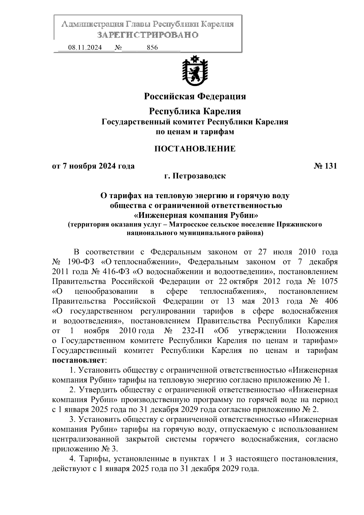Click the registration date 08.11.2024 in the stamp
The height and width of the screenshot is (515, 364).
coord(85,48)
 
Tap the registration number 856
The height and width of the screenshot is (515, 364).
coord(152,48)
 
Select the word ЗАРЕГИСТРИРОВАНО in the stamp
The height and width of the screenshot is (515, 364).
coord(148,35)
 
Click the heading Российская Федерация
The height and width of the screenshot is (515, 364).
coord(195,96)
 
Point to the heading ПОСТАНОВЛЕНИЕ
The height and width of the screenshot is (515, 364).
coord(195,149)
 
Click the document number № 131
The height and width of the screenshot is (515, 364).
coord(325,166)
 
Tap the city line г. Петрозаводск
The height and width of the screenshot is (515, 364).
coord(195,176)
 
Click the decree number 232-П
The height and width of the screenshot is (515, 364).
coord(193,331)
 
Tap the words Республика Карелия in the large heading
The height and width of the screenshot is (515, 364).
coord(195,111)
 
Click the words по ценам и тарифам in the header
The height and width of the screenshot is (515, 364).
coord(195,132)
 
